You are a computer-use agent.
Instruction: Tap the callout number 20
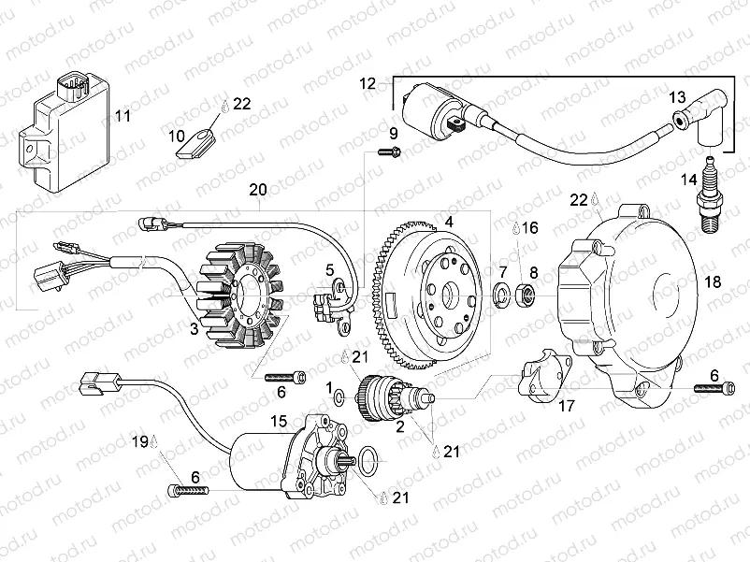pyautogui.click(x=257, y=189)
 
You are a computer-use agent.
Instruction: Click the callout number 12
pyautogui.click(x=368, y=83)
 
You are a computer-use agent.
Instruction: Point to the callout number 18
pyautogui.click(x=714, y=281)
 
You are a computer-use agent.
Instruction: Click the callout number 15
pyautogui.click(x=279, y=421)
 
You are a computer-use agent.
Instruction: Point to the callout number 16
pyautogui.click(x=529, y=227)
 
